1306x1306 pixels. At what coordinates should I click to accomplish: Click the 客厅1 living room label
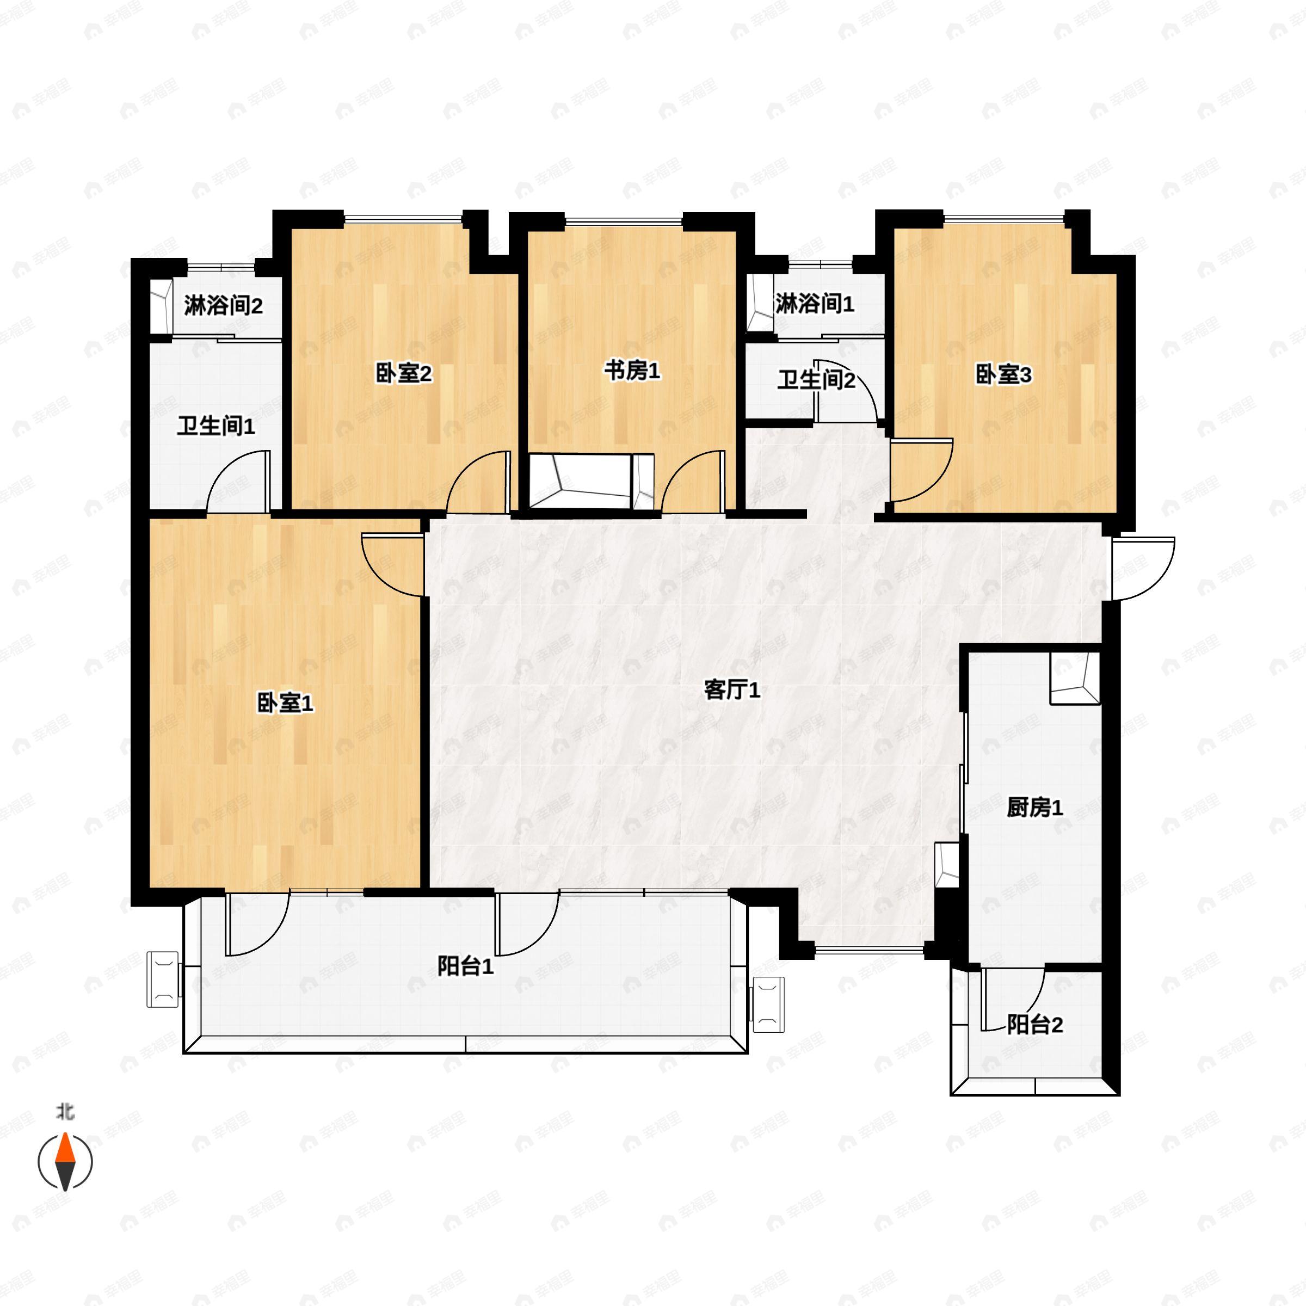pyautogui.click(x=732, y=690)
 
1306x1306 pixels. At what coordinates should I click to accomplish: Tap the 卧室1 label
pyautogui.click(x=285, y=703)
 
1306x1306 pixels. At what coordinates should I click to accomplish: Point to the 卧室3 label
pyautogui.click(x=1002, y=374)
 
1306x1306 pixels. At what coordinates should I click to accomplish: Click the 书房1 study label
pyautogui.click(x=631, y=371)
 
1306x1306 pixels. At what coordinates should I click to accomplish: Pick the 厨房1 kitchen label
pyautogui.click(x=1034, y=807)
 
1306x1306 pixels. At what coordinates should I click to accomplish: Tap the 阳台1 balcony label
pyautogui.click(x=465, y=966)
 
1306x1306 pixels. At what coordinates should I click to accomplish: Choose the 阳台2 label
pyautogui.click(x=1034, y=1025)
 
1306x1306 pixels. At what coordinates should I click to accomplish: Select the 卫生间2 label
pyautogui.click(x=815, y=380)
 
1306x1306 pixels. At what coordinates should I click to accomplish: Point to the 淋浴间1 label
pyautogui.click(x=814, y=304)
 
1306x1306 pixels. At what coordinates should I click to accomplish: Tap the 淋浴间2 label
pyautogui.click(x=223, y=306)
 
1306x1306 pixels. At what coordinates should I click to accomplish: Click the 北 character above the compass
pyautogui.click(x=65, y=1111)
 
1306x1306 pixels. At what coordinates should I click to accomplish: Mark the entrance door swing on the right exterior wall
pyautogui.click(x=1141, y=568)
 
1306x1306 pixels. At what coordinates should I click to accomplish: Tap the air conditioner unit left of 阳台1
pyautogui.click(x=163, y=979)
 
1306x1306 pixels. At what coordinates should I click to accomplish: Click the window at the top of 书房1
pyautogui.click(x=623, y=220)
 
